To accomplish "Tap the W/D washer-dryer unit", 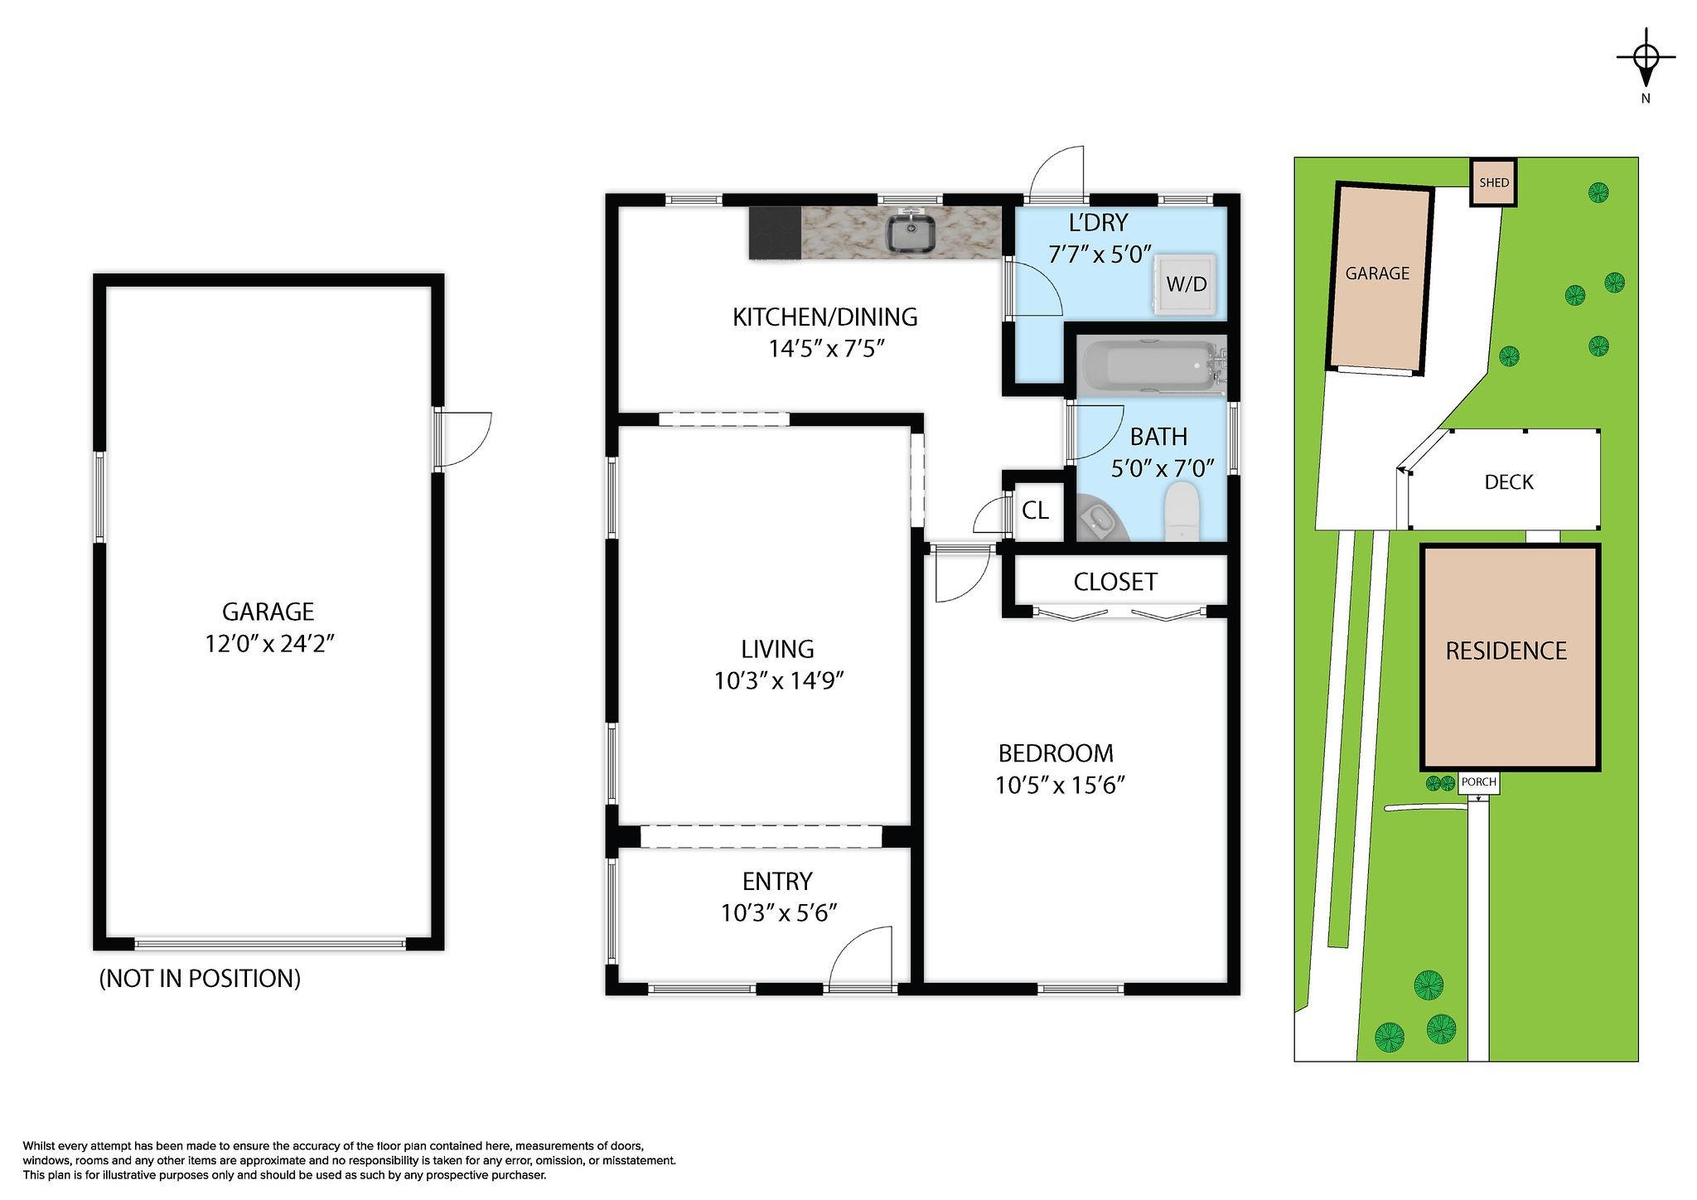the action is click(1187, 283).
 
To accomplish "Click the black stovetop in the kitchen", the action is click(775, 233).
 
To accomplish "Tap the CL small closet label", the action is click(1035, 510).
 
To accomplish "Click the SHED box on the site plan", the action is click(1494, 182).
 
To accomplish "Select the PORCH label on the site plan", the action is click(1478, 781).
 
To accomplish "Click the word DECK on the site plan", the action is click(1509, 481).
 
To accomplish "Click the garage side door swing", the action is click(466, 439).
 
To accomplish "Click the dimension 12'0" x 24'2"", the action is click(269, 644).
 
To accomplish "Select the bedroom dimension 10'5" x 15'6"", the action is click(1060, 785).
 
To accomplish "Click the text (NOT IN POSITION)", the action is click(200, 979).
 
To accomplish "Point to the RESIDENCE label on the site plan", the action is click(1506, 651).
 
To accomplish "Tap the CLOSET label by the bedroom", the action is click(1115, 582).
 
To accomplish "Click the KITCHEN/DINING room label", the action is click(825, 317).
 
